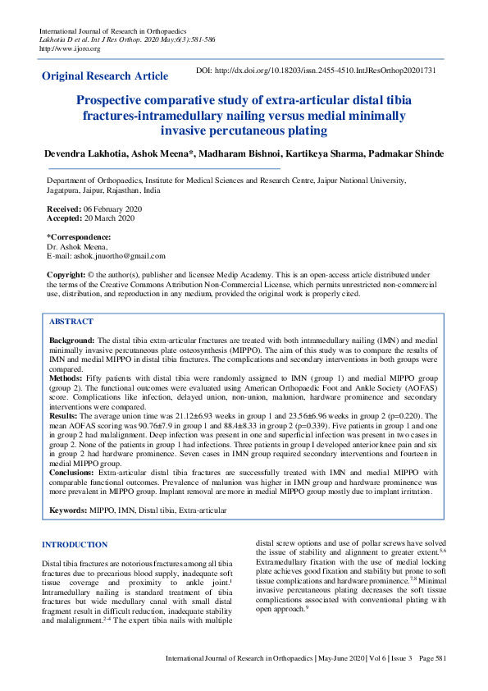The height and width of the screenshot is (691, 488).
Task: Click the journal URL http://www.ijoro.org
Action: pyautogui.click(x=70, y=48)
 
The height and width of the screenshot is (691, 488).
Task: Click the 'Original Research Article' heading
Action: pyautogui.click(x=105, y=76)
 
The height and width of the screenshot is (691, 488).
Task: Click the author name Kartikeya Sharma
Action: pyautogui.click(x=315, y=153)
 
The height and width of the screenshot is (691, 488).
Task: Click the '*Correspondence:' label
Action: pyautogui.click(x=79, y=236)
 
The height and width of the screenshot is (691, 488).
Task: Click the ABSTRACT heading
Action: pyautogui.click(x=71, y=322)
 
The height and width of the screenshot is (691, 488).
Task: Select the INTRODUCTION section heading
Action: pyautogui.click(x=75, y=544)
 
